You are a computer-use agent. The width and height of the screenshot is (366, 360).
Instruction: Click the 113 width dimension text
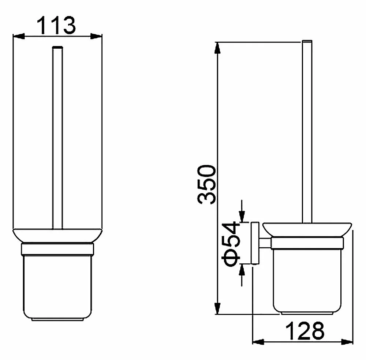coord(56,25)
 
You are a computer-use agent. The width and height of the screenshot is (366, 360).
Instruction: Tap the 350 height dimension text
coord(206,184)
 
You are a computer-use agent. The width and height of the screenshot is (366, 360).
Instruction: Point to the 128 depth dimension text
coord(305,331)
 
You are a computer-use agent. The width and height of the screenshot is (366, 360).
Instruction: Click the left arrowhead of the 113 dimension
coord(19,36)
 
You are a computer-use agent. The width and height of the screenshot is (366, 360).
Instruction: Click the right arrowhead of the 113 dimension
coord(96,36)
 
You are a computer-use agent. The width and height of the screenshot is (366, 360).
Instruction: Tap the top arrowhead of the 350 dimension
coord(217,48)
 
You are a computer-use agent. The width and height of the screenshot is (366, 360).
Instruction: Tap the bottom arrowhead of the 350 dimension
coord(217,308)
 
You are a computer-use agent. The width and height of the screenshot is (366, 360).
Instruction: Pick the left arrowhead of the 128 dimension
coord(258,342)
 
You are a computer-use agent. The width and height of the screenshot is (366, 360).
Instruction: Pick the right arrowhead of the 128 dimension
coord(347,342)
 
